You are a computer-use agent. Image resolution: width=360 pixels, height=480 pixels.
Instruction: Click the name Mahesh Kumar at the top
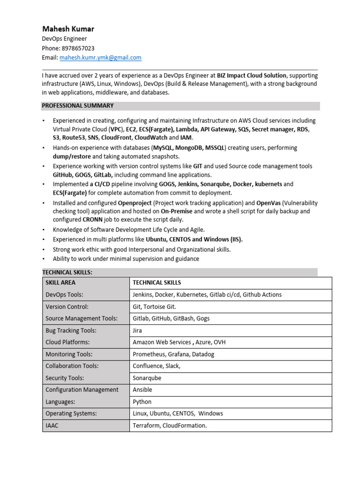[x=68, y=29]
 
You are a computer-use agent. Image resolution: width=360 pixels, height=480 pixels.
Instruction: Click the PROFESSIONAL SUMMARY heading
[x=78, y=106]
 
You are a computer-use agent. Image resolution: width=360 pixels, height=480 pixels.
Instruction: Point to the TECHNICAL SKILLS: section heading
[x=67, y=272]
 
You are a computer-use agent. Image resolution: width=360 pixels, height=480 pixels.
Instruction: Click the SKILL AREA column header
[x=60, y=283]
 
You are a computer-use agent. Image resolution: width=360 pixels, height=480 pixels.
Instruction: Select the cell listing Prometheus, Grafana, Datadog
[x=173, y=354]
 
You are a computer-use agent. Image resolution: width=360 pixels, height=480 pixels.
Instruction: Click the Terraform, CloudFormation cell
[x=170, y=426]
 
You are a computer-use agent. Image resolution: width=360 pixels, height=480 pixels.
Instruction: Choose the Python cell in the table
[x=142, y=402]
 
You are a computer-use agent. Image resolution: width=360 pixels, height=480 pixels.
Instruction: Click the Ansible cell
[x=142, y=390]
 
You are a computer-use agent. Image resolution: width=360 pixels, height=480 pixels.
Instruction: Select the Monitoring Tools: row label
[x=69, y=354]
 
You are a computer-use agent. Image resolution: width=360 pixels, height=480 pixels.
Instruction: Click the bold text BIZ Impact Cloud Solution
[x=251, y=75]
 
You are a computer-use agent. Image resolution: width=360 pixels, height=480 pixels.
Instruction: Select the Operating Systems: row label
[x=71, y=413]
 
